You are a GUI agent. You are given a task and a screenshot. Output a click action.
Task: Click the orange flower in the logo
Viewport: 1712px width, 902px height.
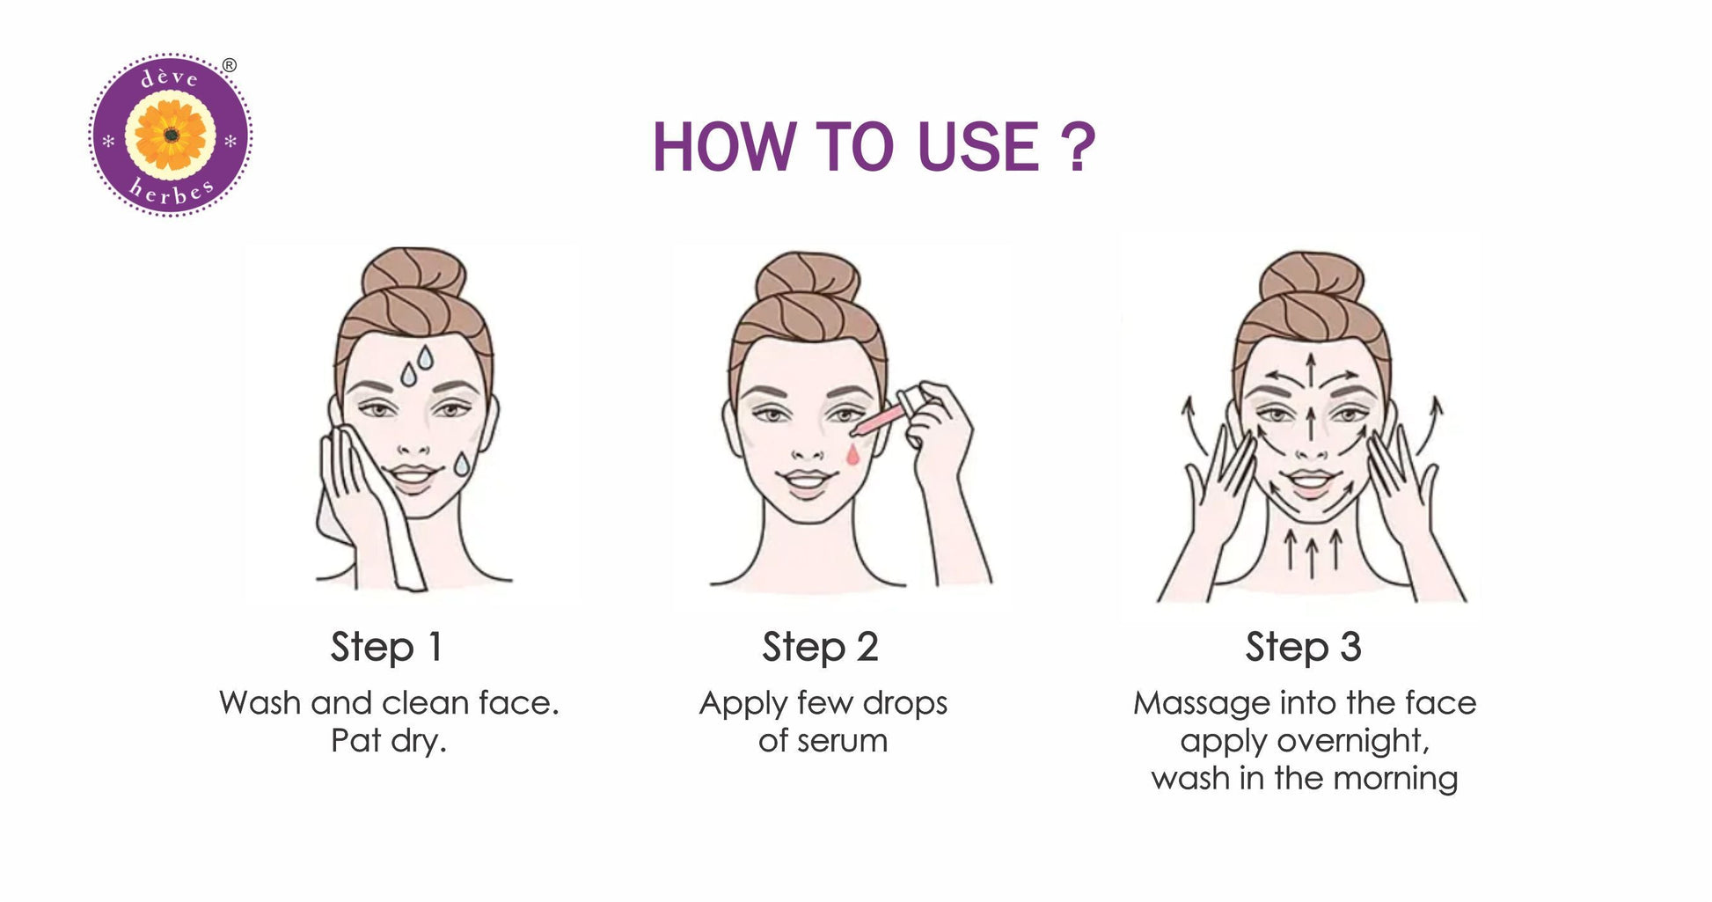tap(172, 135)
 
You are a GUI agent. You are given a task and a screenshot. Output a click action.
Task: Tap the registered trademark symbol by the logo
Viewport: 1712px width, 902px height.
tap(230, 65)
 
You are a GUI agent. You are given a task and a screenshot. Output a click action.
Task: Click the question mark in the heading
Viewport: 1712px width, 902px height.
tap(1076, 146)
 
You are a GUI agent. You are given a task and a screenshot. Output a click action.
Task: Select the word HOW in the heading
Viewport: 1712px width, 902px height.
tap(723, 146)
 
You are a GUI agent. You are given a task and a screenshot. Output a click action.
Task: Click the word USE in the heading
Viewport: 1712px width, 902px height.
tap(977, 146)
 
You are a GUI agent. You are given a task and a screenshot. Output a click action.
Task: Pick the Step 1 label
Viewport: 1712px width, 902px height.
tap(386, 647)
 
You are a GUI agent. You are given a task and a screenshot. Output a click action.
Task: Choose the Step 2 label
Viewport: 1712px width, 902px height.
tap(820, 647)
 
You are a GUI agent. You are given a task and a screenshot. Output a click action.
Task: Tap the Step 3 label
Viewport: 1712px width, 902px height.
tap(1303, 647)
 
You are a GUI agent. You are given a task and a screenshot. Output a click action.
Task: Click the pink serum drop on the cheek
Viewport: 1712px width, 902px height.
tap(852, 454)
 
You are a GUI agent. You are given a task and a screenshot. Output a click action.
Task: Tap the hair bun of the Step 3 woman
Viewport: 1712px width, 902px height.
tap(1311, 275)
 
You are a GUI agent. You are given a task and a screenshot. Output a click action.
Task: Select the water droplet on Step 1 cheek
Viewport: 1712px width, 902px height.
tap(462, 464)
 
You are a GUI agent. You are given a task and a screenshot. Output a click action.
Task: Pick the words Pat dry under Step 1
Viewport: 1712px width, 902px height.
tap(388, 741)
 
